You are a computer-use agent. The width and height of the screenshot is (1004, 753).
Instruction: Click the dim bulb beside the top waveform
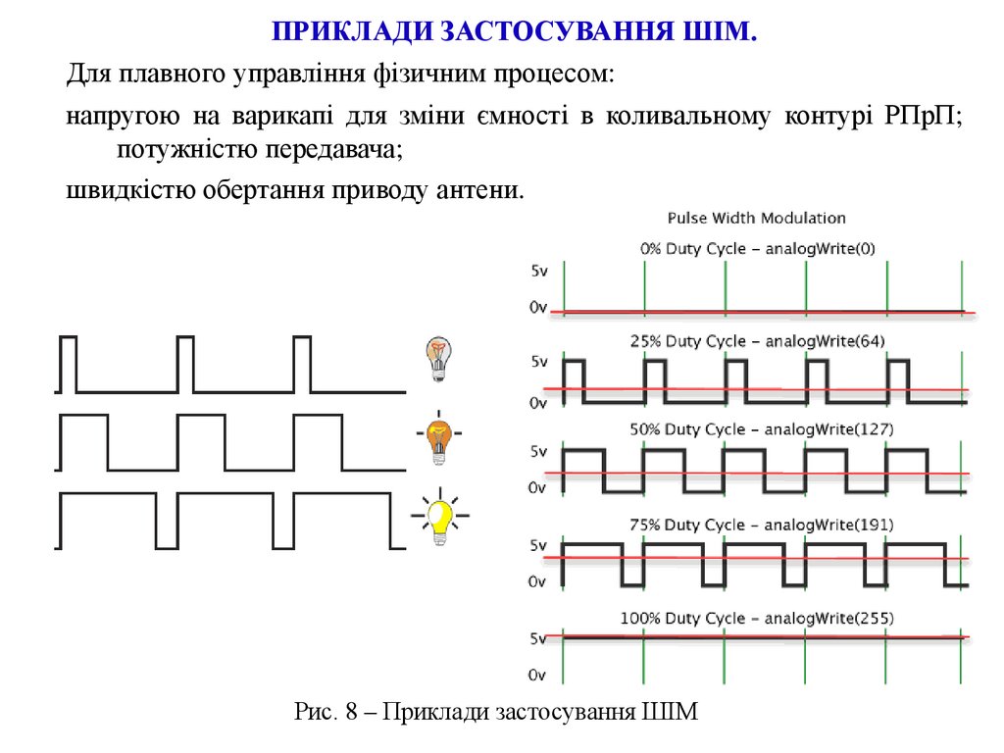[x=438, y=358]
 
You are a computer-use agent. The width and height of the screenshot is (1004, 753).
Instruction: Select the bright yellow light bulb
[x=440, y=516]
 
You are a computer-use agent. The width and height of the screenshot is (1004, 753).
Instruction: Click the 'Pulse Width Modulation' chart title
[x=756, y=218]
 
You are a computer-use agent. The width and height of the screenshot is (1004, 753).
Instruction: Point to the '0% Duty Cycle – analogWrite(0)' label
[x=757, y=249]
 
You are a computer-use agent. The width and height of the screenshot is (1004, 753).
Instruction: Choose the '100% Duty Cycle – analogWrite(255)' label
[x=757, y=619]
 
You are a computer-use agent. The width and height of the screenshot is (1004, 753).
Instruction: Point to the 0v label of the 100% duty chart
[x=537, y=676]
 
